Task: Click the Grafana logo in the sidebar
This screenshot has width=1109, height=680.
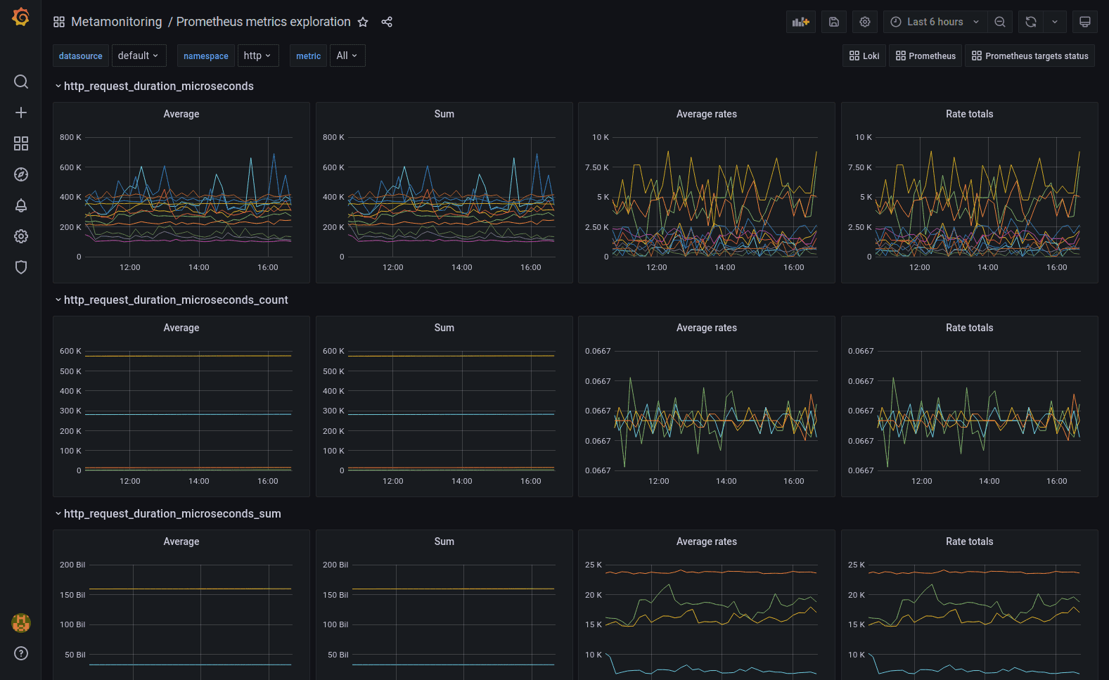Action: click(x=21, y=17)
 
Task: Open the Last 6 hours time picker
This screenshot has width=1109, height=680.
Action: click(x=935, y=22)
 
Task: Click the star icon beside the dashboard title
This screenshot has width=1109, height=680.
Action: click(x=363, y=22)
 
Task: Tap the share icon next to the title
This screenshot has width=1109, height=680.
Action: click(x=387, y=22)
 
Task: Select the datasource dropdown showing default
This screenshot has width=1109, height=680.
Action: click(x=138, y=56)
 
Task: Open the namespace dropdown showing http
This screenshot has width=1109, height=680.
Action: click(x=257, y=56)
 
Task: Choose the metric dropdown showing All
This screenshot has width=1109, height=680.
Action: click(x=347, y=56)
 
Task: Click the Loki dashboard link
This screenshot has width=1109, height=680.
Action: click(x=864, y=56)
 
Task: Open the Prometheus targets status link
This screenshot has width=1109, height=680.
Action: click(x=1030, y=56)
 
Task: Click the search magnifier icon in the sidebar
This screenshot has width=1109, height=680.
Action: click(x=21, y=82)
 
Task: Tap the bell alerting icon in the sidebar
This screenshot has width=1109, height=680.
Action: click(x=21, y=205)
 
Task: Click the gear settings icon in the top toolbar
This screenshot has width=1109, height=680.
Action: click(x=865, y=22)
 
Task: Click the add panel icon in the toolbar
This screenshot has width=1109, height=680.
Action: click(x=800, y=22)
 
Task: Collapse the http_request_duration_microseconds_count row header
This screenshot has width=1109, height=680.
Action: click(x=58, y=300)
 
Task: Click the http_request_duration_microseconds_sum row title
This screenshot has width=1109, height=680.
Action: click(x=172, y=514)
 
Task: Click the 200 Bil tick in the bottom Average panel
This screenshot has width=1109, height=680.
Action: click(x=72, y=565)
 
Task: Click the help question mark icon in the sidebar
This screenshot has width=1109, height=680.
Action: click(x=21, y=653)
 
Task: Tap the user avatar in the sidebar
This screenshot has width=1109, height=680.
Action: click(x=21, y=622)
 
